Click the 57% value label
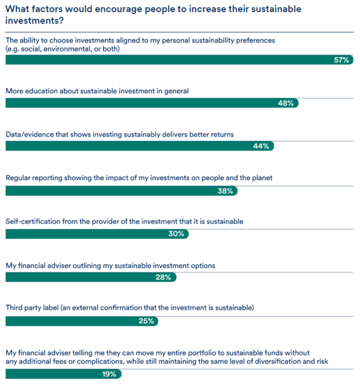click(341, 60)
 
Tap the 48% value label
click(286, 103)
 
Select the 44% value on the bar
click(261, 146)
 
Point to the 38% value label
click(225, 191)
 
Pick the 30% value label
click(176, 234)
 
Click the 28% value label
click(163, 277)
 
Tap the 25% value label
click(146, 321)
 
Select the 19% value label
click(109, 374)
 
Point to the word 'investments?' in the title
click(35, 21)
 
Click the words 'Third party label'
click(32, 308)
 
